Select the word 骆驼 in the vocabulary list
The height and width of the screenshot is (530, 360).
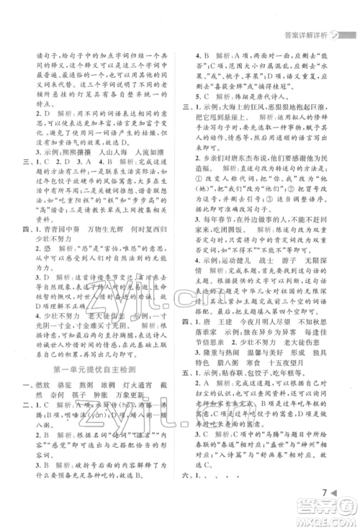[71, 386]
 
